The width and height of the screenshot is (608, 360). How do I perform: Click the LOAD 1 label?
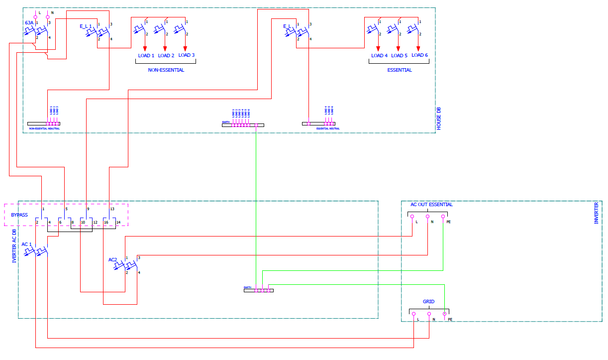click(x=146, y=56)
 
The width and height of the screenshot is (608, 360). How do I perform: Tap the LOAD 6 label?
click(x=419, y=55)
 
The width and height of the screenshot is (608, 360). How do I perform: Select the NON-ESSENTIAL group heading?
click(x=166, y=70)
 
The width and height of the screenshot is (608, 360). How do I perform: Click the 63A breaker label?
click(x=29, y=23)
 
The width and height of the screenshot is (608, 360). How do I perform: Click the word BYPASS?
click(x=19, y=216)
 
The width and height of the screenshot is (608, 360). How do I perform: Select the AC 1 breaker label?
click(x=26, y=244)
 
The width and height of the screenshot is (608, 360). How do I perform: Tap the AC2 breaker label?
click(x=112, y=260)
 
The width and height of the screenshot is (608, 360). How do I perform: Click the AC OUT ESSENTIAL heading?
click(x=431, y=205)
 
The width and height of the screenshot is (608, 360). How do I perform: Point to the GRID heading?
click(x=428, y=302)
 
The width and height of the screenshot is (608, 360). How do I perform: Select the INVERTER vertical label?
click(x=597, y=213)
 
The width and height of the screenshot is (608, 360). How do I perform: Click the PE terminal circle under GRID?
click(x=444, y=314)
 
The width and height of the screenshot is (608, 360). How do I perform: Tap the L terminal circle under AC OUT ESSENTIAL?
click(x=412, y=217)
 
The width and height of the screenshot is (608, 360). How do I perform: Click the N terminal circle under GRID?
click(x=429, y=314)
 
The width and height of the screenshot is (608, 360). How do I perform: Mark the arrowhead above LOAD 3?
click(x=186, y=48)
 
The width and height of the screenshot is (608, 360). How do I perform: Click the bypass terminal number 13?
click(x=112, y=209)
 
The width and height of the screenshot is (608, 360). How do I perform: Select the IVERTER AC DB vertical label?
click(x=14, y=242)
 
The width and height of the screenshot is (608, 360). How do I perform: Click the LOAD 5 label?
click(x=399, y=56)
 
